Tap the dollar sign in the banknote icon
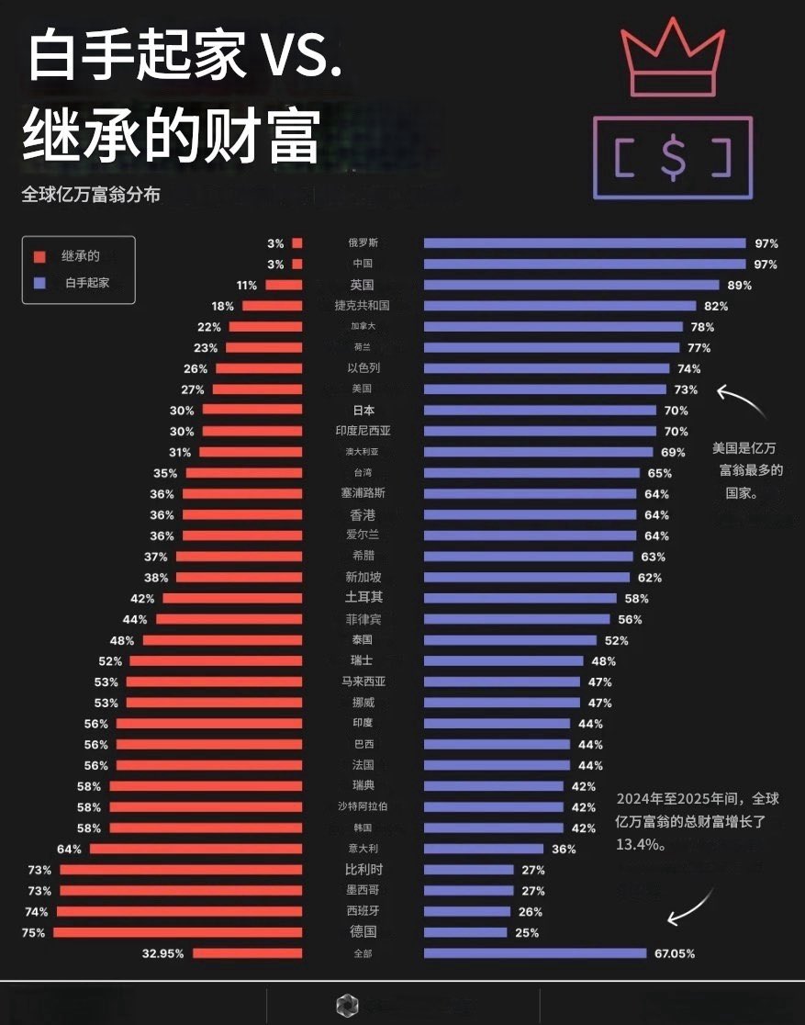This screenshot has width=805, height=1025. coord(673,157)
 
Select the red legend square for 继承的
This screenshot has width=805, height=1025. coord(39,256)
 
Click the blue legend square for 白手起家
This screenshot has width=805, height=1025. coord(39,283)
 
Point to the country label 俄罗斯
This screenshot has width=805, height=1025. coord(363,243)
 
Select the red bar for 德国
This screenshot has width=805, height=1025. coord(178,932)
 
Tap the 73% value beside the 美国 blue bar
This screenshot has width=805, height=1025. coord(686,389)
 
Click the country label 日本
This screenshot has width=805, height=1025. coord(363,411)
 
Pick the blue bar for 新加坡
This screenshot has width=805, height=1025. coord(527,578)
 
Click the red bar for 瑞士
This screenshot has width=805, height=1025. coord(216,661)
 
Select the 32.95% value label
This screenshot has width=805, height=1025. coord(163,953)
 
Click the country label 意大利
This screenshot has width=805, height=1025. coord(363,849)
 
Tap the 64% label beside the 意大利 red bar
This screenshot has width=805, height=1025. coord(70,849)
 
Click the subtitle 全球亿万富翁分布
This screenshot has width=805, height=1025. coord(91,195)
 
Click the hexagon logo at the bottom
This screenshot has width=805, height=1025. coord(346,1004)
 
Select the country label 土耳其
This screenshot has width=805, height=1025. coord(363,598)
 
